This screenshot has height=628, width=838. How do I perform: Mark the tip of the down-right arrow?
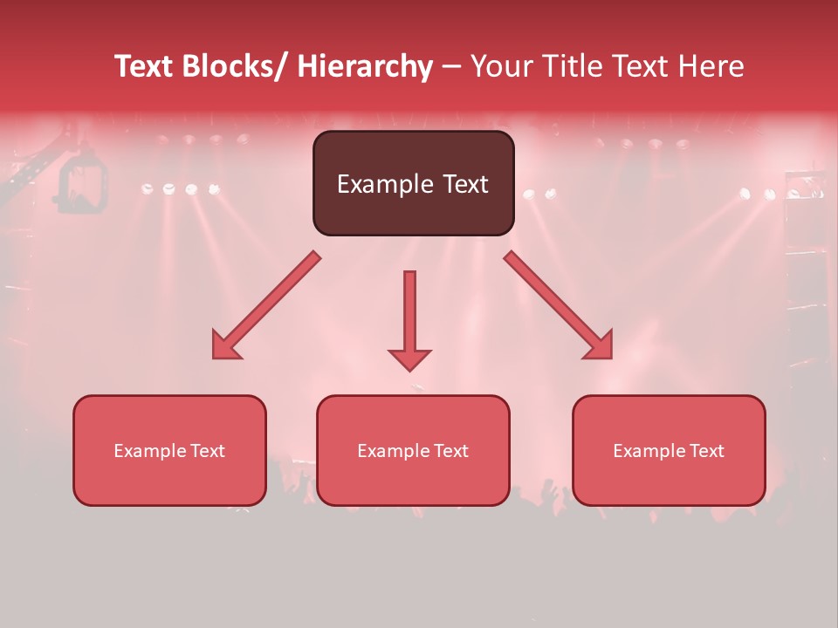pyautogui.click(x=611, y=358)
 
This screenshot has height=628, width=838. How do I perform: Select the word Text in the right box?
pyautogui.click(x=706, y=451)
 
